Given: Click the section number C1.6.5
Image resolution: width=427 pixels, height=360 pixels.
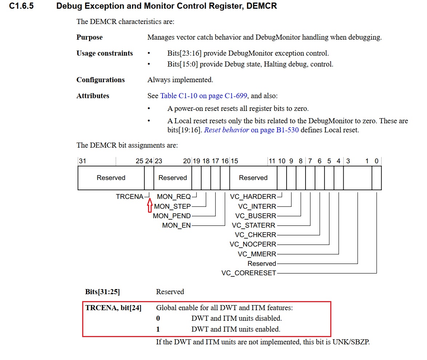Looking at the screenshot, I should (21, 6).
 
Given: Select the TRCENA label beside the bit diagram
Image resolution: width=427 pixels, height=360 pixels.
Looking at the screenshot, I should (129, 197).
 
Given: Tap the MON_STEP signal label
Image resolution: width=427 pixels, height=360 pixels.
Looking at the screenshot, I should (172, 206).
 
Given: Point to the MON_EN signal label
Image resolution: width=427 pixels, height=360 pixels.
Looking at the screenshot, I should (176, 225).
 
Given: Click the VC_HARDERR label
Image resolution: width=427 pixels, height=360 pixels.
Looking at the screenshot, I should (253, 197).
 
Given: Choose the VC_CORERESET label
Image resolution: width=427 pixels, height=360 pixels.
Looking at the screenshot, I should (249, 273).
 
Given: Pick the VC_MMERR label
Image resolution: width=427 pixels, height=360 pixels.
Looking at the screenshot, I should (257, 254).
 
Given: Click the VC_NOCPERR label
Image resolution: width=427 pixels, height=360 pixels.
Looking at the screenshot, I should (253, 244).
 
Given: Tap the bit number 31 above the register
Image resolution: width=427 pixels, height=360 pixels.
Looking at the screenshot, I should (83, 161).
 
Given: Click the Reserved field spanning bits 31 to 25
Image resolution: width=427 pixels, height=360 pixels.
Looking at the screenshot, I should (111, 178).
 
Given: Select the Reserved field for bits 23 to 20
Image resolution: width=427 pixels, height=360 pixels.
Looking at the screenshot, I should (173, 178).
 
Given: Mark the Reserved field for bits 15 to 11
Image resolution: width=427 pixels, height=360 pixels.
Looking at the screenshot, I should (253, 178).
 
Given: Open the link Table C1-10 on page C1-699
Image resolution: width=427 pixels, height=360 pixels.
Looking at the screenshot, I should (204, 96).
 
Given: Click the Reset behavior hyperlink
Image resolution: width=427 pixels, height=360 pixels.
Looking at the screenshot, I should (227, 130).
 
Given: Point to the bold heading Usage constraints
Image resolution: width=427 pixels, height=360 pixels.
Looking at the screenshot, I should (104, 53).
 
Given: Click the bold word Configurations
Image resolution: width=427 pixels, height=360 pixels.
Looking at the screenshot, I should (100, 80).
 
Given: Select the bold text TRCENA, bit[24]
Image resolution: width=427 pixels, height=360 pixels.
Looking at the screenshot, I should (113, 308).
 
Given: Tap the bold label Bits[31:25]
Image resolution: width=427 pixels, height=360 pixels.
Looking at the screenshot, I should (103, 292).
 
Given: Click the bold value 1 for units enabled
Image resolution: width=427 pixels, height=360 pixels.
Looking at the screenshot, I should (158, 329).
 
